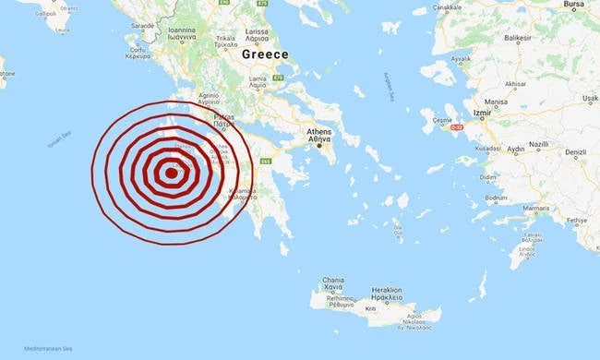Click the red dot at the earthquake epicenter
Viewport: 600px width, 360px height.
[x=170, y=172]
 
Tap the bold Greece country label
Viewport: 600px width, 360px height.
[x=265, y=54]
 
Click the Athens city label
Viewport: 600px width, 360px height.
[x=318, y=132]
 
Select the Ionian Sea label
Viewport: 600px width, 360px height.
[x=59, y=142]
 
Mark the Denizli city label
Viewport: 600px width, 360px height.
[x=576, y=151]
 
